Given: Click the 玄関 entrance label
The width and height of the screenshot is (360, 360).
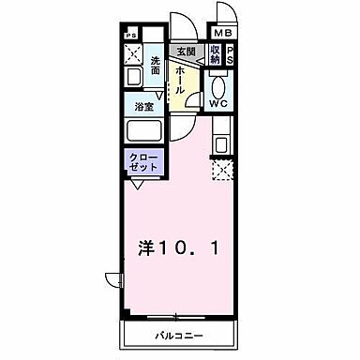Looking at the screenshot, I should tap(183, 52).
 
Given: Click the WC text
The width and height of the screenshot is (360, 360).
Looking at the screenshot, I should tap(217, 102).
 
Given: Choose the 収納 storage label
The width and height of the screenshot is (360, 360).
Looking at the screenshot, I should tap(216, 54).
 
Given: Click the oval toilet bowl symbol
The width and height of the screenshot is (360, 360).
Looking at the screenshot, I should tap(217, 82).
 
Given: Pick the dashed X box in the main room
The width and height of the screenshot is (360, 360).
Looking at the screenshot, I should tap(222, 170).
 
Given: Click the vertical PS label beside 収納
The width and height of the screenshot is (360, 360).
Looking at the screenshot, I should tap(232, 54).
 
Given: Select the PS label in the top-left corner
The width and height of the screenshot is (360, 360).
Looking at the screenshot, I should tap(128, 35).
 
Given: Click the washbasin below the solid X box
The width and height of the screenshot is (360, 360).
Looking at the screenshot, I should tap(132, 79).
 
